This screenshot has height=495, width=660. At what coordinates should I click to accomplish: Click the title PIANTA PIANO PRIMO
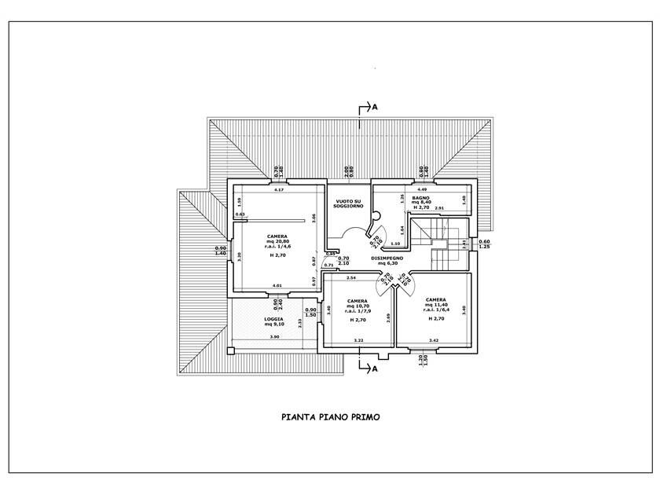pyautogui.click(x=330, y=418)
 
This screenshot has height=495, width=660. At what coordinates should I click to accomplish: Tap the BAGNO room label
pyautogui.click(x=431, y=198)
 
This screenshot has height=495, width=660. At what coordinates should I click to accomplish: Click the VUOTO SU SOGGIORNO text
pyautogui.click(x=349, y=204)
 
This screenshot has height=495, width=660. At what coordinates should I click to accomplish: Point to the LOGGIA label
pyautogui.click(x=273, y=319)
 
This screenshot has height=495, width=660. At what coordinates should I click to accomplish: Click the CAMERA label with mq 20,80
pyautogui.click(x=277, y=236)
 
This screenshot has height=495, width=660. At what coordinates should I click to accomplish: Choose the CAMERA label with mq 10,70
pyautogui.click(x=358, y=301)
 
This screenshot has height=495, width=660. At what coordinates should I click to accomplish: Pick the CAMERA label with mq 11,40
pyautogui.click(x=436, y=299)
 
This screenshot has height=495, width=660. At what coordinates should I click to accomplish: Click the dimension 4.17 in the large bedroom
pyautogui.click(x=278, y=190)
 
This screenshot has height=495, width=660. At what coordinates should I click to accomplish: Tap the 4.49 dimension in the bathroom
pyautogui.click(x=422, y=189)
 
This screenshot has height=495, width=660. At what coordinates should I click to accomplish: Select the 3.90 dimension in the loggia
pyautogui.click(x=274, y=337)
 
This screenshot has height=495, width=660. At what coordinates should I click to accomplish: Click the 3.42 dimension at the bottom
pyautogui.click(x=433, y=339)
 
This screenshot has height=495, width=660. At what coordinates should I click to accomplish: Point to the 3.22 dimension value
pyautogui.click(x=358, y=339)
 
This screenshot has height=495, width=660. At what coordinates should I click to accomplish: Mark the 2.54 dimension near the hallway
pyautogui.click(x=350, y=279)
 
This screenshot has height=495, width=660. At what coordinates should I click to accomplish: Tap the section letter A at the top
pyautogui.click(x=376, y=106)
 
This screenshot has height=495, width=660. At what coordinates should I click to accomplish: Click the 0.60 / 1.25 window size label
pyautogui.click(x=484, y=244)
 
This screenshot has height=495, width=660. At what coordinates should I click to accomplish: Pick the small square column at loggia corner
pyautogui.click(x=231, y=350)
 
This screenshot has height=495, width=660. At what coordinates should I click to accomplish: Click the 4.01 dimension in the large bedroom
pyautogui.click(x=277, y=284)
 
